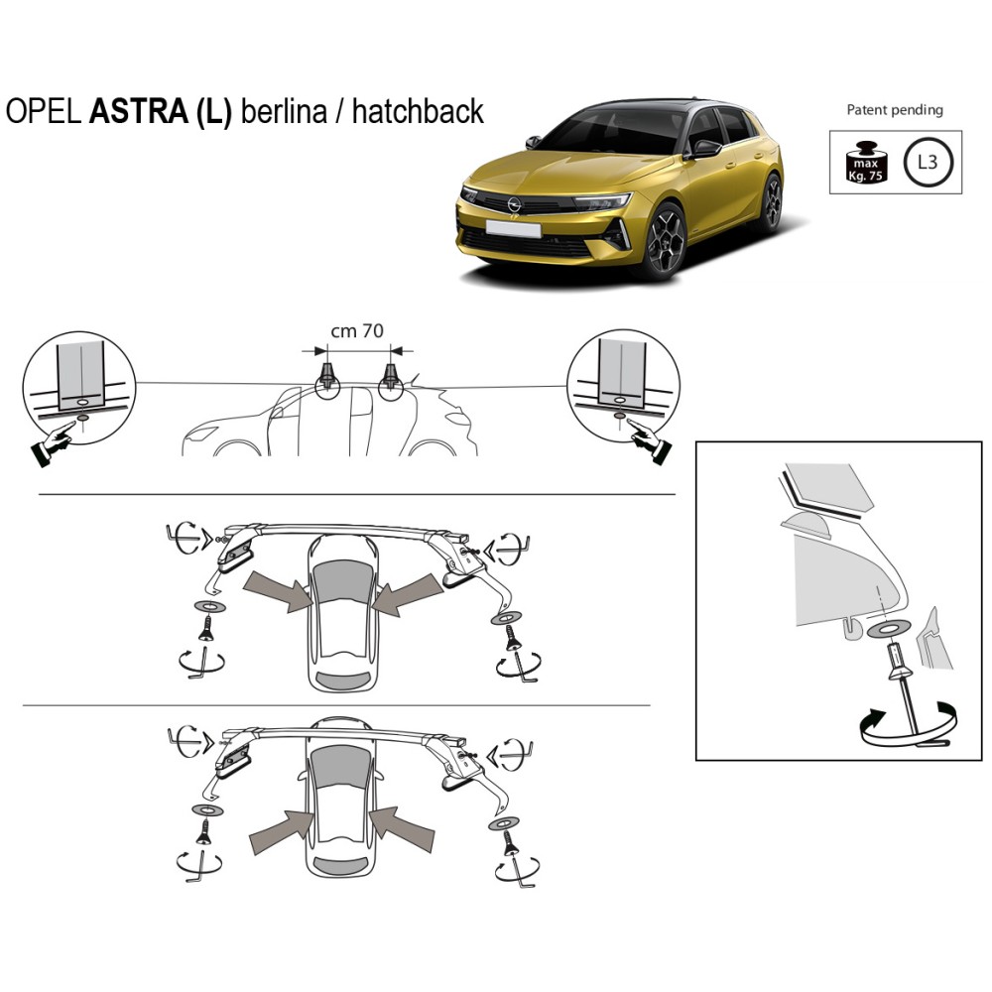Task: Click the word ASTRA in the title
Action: [x=138, y=111]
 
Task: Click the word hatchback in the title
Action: [x=418, y=111]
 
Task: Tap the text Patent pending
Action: [x=895, y=110]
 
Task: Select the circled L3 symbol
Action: [x=927, y=162]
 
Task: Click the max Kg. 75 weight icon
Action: [x=866, y=163]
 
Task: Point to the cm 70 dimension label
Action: [x=357, y=331]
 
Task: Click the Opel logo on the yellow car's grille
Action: [x=514, y=203]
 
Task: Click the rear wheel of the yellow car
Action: [x=771, y=202]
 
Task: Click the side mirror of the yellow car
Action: [x=704, y=149]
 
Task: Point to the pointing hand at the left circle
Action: [x=53, y=444]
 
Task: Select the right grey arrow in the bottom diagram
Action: [x=403, y=828]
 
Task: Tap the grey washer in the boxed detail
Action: [x=890, y=629]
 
